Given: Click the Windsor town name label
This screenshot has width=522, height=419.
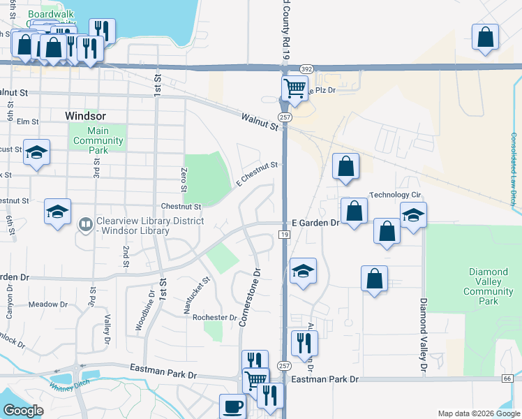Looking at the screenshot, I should [85, 115].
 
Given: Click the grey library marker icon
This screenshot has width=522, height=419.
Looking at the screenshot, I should [86, 224].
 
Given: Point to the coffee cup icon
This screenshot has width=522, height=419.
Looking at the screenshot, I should [232, 406].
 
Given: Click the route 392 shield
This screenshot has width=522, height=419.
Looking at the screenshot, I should [306, 69].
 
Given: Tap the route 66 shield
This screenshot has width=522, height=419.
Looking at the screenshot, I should [507, 378].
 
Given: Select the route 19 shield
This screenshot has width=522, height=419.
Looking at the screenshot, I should [285, 235].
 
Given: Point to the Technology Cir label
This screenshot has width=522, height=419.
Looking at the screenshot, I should [396, 195].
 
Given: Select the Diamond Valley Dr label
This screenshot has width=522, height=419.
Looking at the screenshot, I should [423, 335].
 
